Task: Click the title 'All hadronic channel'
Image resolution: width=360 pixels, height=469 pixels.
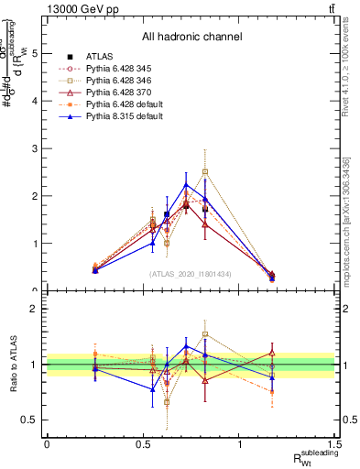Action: coord(191,37)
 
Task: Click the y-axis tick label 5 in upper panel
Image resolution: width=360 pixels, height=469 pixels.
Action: coord(34,53)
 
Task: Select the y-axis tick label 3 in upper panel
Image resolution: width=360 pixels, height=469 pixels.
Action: coord(34,148)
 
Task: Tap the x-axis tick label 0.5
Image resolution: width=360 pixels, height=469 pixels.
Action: coord(143,444)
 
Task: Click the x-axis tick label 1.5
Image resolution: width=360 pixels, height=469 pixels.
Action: coord(335,444)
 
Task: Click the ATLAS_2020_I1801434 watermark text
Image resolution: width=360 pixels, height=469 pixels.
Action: coord(191,273)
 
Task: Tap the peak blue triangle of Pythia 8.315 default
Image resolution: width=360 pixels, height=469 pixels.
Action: coord(186,184)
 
